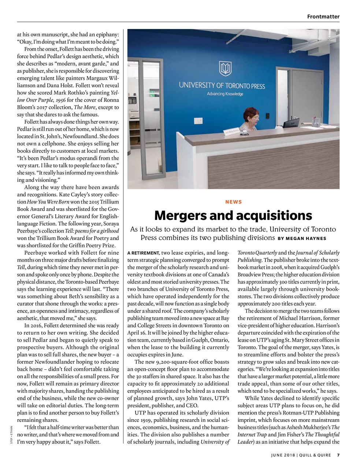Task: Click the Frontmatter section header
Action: coord(323,16)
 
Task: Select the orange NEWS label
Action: coord(233,202)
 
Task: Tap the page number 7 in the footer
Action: coord(338,455)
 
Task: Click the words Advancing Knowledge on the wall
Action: coord(225,94)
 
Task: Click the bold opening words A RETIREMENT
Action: coord(143,253)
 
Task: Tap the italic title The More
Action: coord(83,107)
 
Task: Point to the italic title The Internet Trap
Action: coord(252,435)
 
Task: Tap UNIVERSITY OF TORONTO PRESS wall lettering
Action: coord(222,86)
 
